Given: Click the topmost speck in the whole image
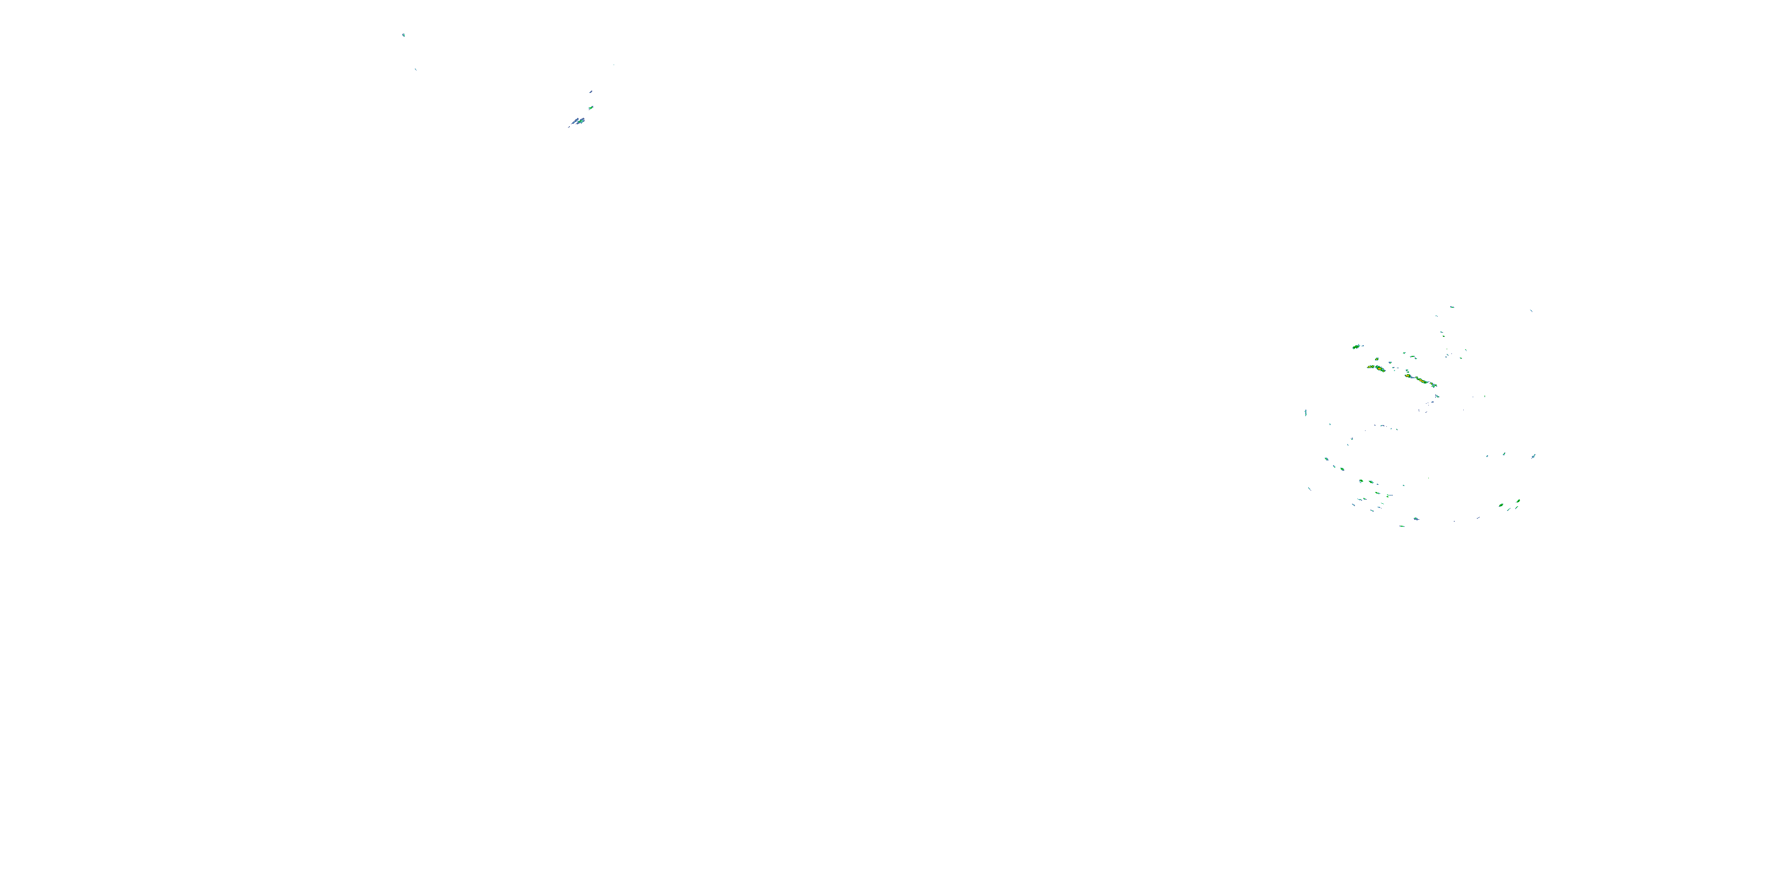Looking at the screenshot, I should click(x=404, y=34).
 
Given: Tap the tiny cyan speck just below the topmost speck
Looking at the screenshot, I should click(x=415, y=69).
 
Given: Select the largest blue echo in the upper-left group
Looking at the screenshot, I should click(x=577, y=122).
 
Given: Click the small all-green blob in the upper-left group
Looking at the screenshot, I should click(x=590, y=108).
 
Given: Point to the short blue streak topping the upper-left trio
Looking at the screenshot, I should click(x=591, y=91).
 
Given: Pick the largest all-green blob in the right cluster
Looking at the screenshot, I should click(x=1356, y=347).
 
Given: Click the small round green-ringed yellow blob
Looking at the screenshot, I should click(x=1377, y=359).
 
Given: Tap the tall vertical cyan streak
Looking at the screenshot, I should click(x=1306, y=413).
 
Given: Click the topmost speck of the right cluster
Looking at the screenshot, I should click(x=1452, y=307).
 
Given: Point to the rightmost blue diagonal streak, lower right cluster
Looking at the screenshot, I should click(x=1533, y=456).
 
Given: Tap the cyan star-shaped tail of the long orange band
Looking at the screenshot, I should click(x=1434, y=385).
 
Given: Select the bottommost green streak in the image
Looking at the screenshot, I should click(x=1402, y=526).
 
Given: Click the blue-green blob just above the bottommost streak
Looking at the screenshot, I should click(x=1416, y=519).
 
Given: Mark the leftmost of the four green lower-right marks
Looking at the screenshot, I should click(x=1500, y=506).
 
